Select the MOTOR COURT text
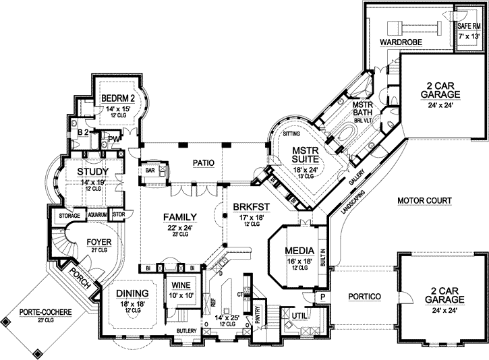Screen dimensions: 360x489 (424, 200)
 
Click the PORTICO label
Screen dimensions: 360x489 (365, 296)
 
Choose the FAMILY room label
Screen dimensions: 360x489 (179, 216)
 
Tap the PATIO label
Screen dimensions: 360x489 (203, 162)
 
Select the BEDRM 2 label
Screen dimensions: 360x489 (118, 98)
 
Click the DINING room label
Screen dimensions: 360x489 (132, 293)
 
